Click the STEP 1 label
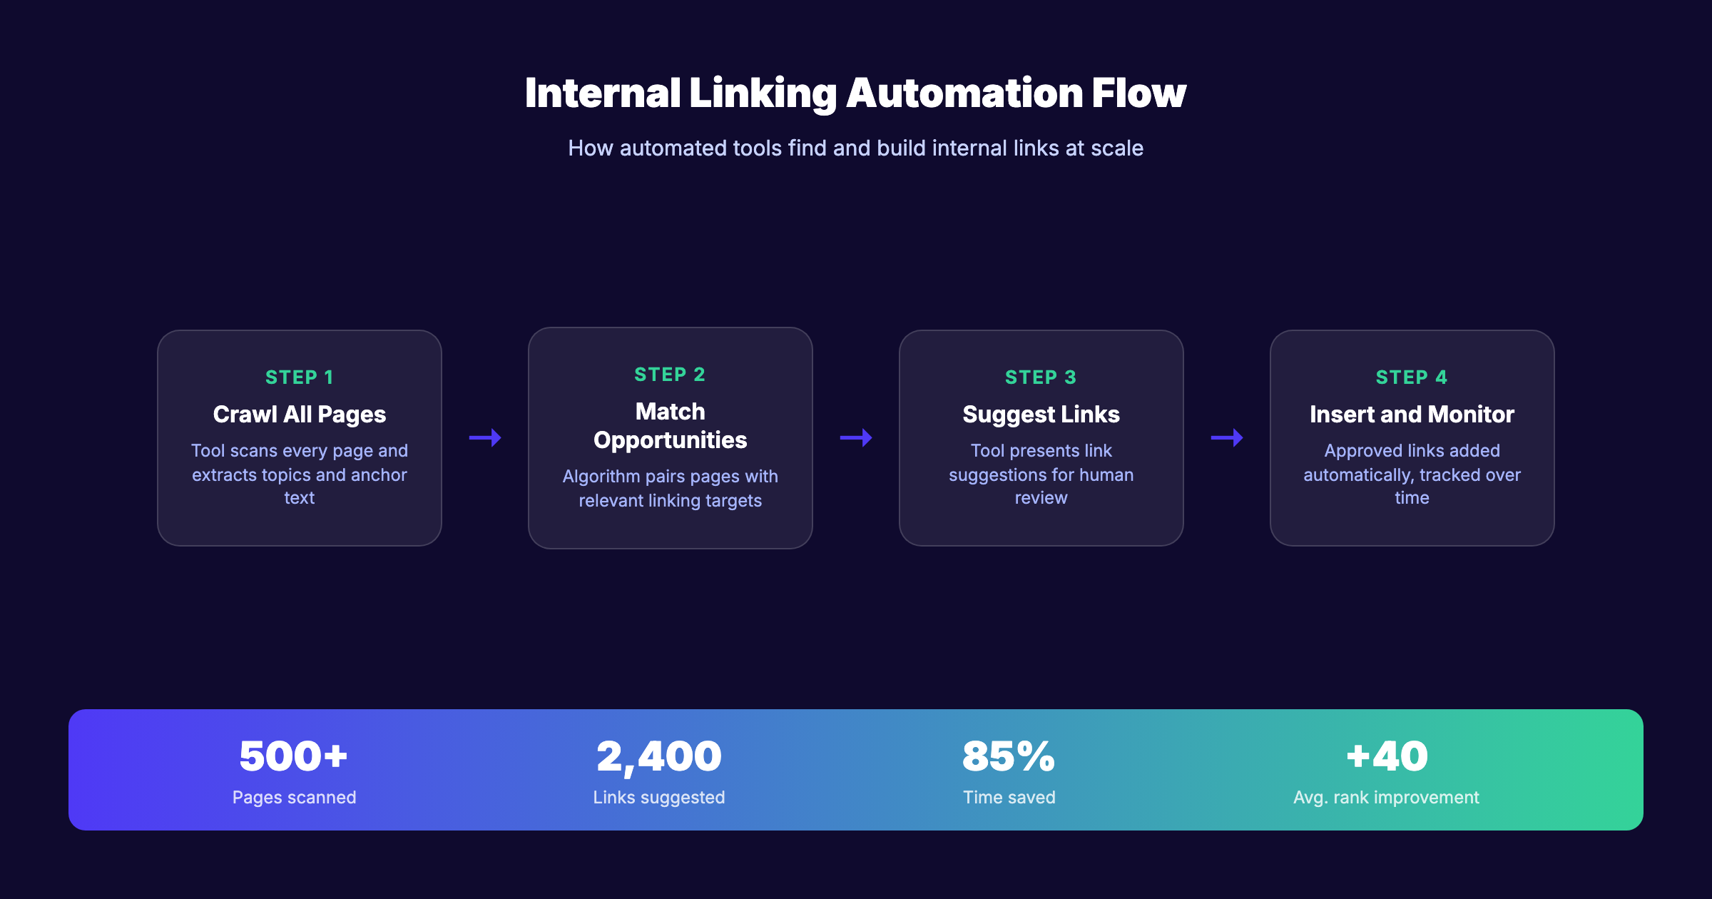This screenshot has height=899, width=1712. coord(299,377)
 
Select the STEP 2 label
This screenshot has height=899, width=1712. coord(670,375)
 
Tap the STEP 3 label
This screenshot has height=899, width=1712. coord(1041,377)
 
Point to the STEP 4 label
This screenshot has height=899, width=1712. coord(1412,377)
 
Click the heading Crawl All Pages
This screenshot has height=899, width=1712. coord(300,415)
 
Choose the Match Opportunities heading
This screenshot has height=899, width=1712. coord(671,426)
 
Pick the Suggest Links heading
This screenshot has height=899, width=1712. coord(1041,415)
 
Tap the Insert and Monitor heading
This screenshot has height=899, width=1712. coord(1412,415)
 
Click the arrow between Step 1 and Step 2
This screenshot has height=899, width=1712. coord(485,437)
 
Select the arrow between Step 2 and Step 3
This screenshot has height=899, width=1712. coord(856,437)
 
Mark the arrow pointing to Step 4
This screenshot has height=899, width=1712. coord(1227,437)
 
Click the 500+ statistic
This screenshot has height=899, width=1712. coord(293,756)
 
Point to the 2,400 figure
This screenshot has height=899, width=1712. coord(659,756)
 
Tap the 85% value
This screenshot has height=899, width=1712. coord(1009,756)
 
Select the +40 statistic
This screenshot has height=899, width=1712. coord(1387,756)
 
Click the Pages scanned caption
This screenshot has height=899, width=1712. coord(294,798)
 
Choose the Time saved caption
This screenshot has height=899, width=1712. coord(1009,798)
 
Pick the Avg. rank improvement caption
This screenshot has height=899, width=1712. coord(1386,798)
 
